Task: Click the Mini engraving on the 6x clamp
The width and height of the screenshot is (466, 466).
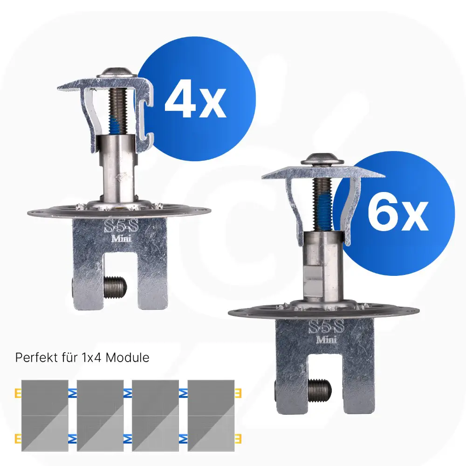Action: [326, 339]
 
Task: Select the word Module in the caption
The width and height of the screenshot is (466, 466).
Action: [128, 357]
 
